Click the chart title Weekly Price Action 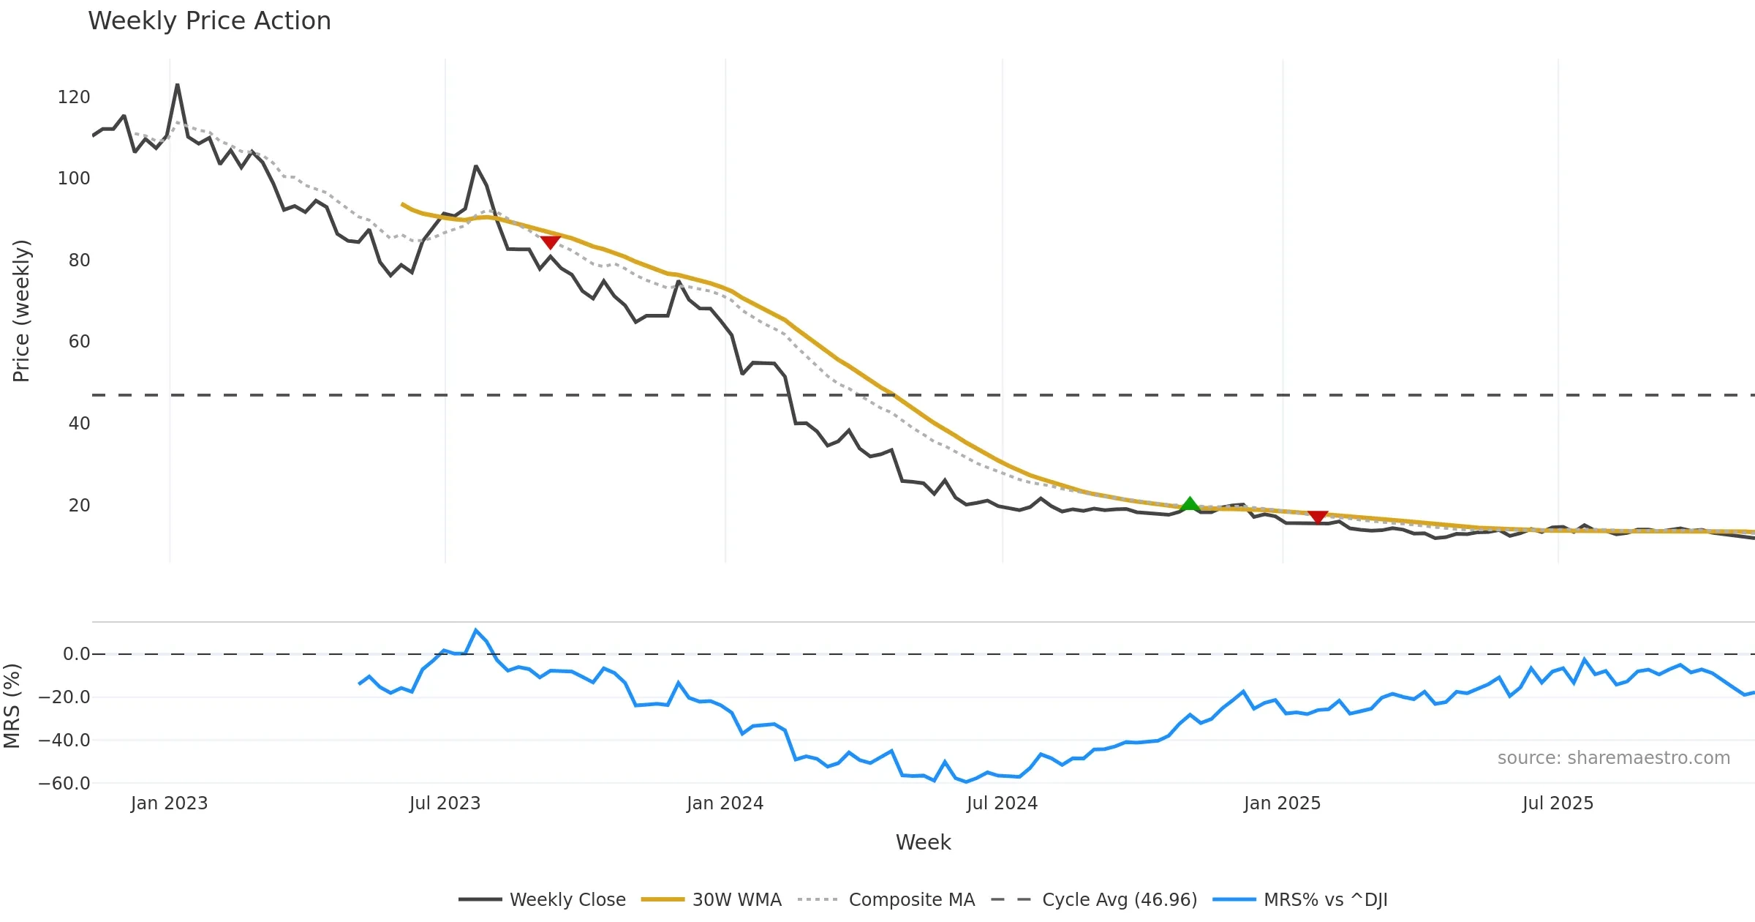click(x=209, y=21)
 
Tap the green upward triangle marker click(x=1190, y=503)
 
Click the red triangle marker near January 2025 click(x=1318, y=517)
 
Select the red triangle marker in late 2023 click(x=550, y=242)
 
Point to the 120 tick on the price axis click(x=74, y=97)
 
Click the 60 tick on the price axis click(x=79, y=342)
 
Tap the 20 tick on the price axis click(x=79, y=506)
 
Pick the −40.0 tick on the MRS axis click(x=64, y=741)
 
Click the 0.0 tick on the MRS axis click(x=76, y=654)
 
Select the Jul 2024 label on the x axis click(x=1002, y=803)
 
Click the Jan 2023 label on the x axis click(x=170, y=803)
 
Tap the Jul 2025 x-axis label click(x=1558, y=803)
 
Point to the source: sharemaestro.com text click(x=1613, y=758)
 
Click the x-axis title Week click(x=923, y=842)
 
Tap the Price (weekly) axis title click(x=21, y=311)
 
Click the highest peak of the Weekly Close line click(x=177, y=85)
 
